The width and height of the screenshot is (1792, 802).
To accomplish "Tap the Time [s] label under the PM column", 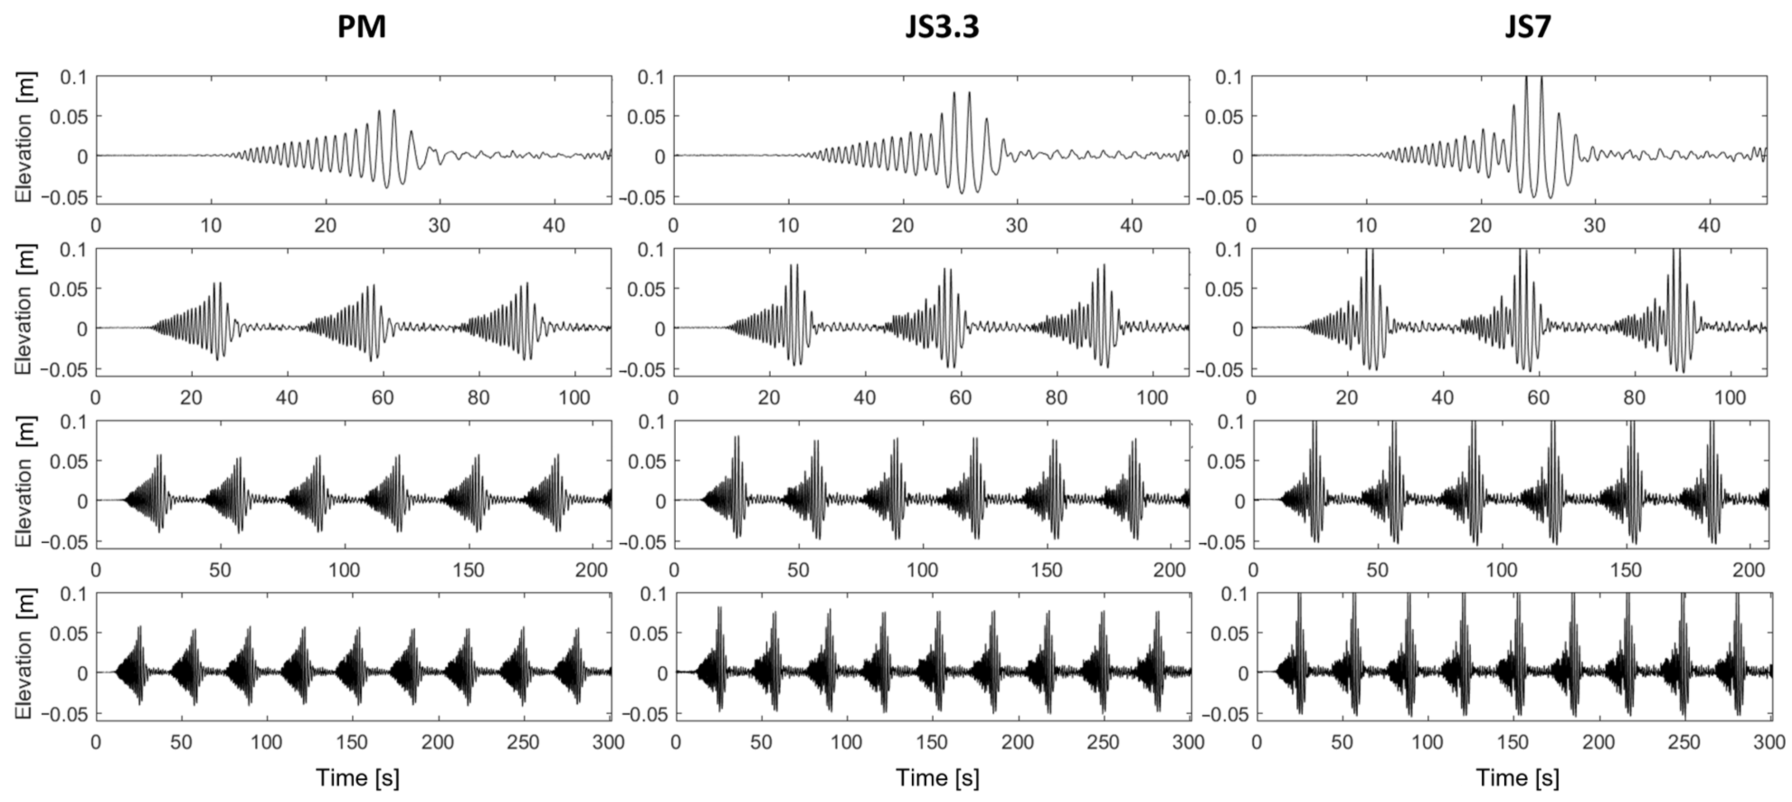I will [358, 777].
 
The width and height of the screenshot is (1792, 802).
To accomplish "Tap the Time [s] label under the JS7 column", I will [1517, 777].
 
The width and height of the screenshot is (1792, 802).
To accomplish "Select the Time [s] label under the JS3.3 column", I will [937, 777].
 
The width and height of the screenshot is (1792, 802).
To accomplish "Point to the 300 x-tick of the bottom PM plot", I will [608, 742].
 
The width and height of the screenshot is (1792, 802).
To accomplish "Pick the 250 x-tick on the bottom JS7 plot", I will [1683, 742].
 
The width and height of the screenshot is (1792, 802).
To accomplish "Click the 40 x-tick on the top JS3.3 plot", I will [1132, 225].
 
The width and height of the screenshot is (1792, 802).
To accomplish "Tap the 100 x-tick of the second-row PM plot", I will [574, 398].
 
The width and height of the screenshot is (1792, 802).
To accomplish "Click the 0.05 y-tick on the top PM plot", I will [68, 116].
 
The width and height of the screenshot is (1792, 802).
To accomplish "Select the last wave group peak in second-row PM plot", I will [526, 282].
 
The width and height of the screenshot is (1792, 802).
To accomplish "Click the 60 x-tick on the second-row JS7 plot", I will [1538, 398].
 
